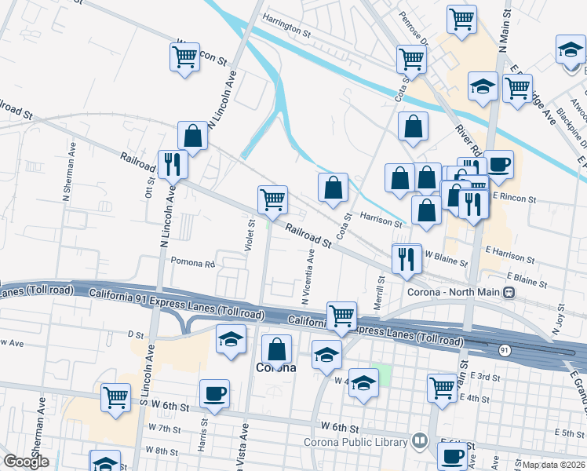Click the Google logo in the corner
[x=26, y=462]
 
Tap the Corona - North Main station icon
[x=509, y=293]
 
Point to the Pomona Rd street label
[x=192, y=265]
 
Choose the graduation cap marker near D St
[x=231, y=339]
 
